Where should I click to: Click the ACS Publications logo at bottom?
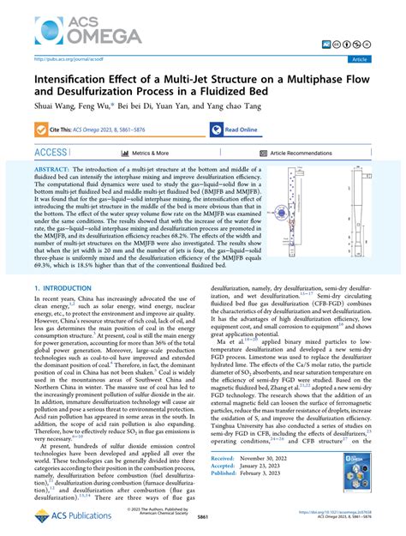(x=60, y=516)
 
